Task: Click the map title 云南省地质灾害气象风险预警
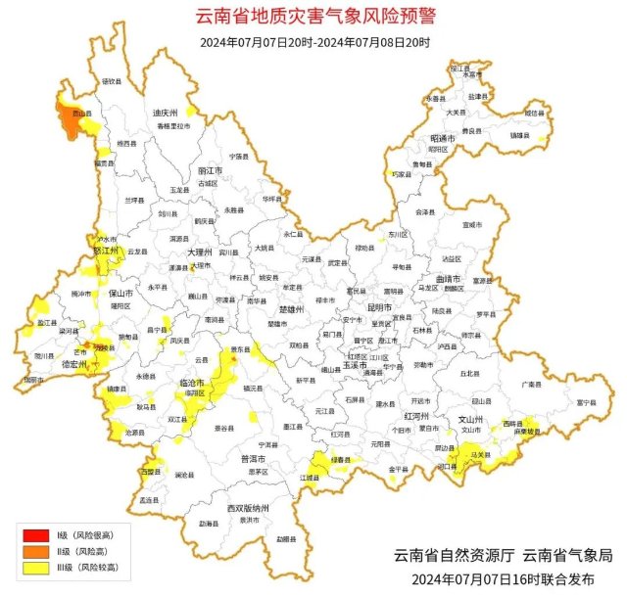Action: [x=313, y=17]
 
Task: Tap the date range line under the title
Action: [x=313, y=41]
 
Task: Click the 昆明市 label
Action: [x=379, y=307]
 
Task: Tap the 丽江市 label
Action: [x=210, y=170]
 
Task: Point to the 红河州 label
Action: [x=411, y=416]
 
